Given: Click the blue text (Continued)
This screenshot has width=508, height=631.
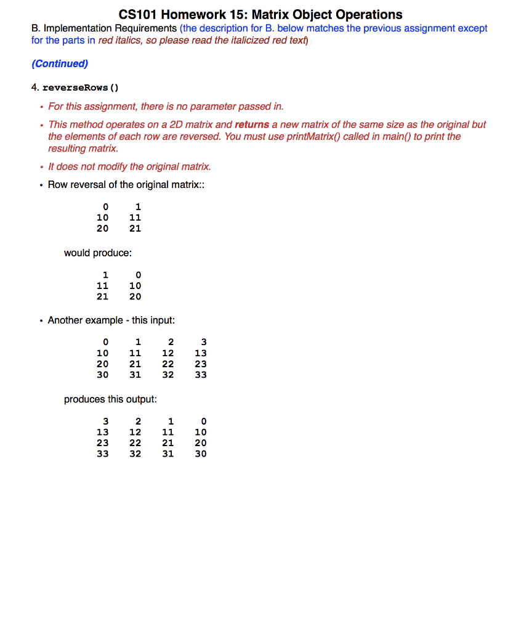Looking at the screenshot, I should pyautogui.click(x=60, y=63).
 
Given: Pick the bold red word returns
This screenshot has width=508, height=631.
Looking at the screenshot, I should pyautogui.click(x=252, y=124).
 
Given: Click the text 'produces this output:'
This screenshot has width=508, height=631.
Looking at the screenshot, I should pyautogui.click(x=110, y=399).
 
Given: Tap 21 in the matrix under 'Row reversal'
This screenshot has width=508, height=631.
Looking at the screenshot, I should pyautogui.click(x=135, y=229).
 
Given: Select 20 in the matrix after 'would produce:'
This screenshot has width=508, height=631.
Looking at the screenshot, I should pyautogui.click(x=135, y=296).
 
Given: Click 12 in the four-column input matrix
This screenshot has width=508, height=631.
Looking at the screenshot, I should pyautogui.click(x=168, y=353).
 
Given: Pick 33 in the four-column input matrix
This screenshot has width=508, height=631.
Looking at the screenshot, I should pyautogui.click(x=201, y=375).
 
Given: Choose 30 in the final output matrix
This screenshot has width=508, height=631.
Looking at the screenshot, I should pyautogui.click(x=201, y=454).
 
